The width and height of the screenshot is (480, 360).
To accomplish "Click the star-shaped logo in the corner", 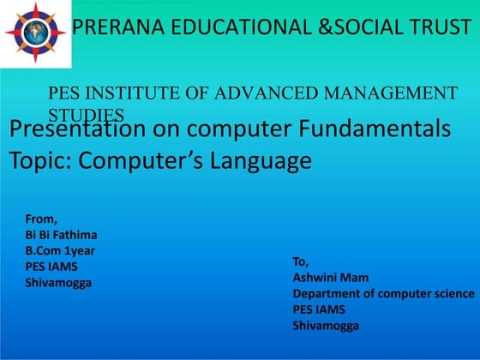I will pyautogui.click(x=35, y=33).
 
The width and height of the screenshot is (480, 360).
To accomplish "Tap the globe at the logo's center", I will pyautogui.click(x=35, y=33).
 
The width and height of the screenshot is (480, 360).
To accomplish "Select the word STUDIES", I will pyautogui.click(x=86, y=114).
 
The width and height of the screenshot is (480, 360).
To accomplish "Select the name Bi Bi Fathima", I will pyautogui.click(x=61, y=235).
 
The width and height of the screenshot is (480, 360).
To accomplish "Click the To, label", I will pyautogui.click(x=301, y=261).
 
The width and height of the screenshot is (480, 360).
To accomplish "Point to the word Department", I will pyautogui.click(x=330, y=293).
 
